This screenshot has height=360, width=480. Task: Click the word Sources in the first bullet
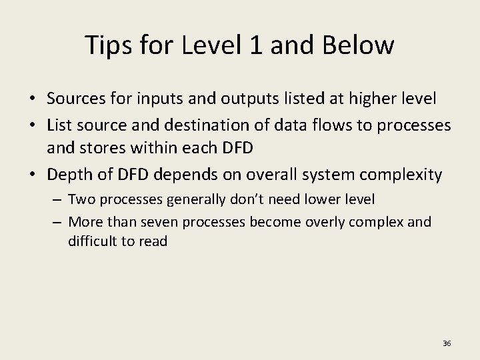[74, 99]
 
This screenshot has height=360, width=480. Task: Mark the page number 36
[447, 343]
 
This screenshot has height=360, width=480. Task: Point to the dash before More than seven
[59, 221]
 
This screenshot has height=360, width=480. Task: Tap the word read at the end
[153, 241]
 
